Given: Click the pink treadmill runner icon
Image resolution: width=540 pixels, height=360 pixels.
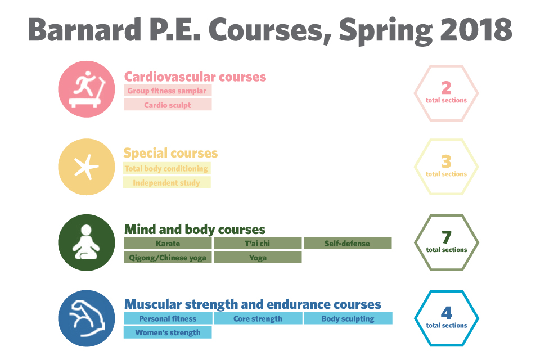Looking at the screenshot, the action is click(x=87, y=89).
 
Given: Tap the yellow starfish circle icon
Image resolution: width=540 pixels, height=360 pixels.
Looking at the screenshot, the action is click(x=87, y=166).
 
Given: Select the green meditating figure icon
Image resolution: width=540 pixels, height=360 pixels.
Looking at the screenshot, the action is click(x=87, y=242).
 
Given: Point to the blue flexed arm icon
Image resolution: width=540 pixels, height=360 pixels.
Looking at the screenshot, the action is click(x=87, y=318).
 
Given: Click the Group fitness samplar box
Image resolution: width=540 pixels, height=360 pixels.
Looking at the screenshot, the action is click(x=168, y=91).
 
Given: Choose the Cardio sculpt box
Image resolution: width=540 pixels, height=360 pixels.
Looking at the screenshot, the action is click(x=168, y=105).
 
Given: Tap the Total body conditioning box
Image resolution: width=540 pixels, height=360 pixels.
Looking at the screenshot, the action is click(x=167, y=168).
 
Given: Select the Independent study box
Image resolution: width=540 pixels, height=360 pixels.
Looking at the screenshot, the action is click(x=167, y=182).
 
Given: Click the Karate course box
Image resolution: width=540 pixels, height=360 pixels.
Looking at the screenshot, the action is click(x=168, y=243).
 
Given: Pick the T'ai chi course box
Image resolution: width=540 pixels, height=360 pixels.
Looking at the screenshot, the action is click(x=258, y=243).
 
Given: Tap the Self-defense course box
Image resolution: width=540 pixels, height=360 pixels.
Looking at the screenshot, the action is click(x=348, y=243).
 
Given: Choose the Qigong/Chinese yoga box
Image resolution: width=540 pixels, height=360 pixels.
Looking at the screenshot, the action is click(x=168, y=257).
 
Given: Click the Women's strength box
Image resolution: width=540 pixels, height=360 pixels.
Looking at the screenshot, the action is click(x=168, y=332).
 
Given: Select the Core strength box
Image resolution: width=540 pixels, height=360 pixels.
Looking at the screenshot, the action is click(x=258, y=318).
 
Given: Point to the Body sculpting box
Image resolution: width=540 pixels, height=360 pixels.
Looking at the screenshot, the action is click(x=348, y=318).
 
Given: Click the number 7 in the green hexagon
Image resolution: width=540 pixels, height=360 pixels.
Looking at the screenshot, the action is click(x=446, y=237).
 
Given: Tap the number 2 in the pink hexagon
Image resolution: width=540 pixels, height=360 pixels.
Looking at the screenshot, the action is click(x=446, y=88).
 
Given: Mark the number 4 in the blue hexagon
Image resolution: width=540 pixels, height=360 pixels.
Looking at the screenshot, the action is click(x=447, y=313).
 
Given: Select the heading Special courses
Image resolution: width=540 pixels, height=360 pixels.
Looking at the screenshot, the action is click(x=170, y=152).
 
